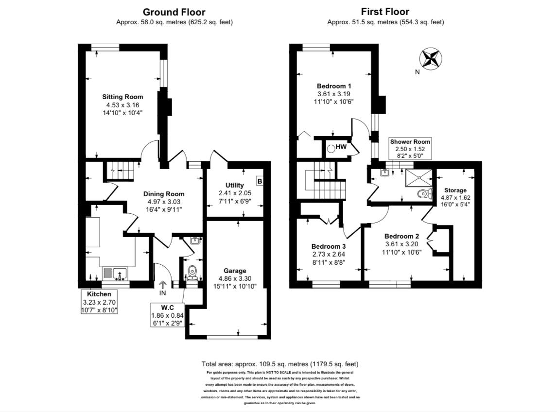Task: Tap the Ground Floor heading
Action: tap(174, 12)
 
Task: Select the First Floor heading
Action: tap(385, 12)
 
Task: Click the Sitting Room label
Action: tap(122, 96)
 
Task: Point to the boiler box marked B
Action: tap(260, 182)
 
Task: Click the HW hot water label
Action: tap(341, 147)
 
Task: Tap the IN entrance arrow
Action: tap(162, 287)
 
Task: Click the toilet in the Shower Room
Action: tap(423, 194)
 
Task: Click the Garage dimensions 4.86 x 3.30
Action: tap(235, 278)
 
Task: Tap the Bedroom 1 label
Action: tap(333, 86)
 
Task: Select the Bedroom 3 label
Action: tap(329, 246)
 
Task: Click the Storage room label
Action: tap(455, 190)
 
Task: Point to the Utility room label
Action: tap(235, 185)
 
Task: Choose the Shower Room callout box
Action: tap(410, 149)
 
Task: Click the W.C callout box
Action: tap(166, 315)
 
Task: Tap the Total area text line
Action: tap(280, 364)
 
